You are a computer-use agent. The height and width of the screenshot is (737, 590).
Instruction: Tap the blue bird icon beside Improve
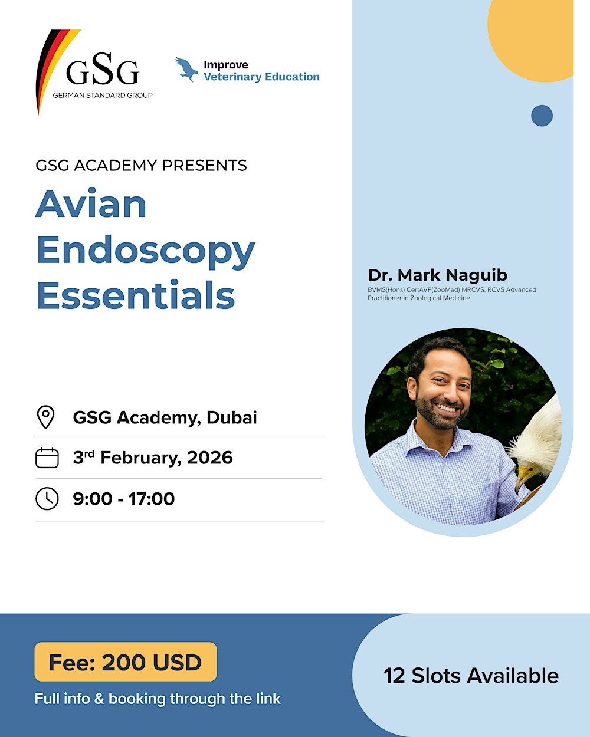186,69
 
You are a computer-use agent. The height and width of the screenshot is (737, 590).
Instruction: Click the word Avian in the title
91,205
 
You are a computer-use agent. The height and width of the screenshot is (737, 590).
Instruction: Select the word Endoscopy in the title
146,251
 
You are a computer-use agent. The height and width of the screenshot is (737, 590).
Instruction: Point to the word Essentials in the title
136,295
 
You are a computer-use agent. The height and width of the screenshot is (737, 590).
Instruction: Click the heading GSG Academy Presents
141,165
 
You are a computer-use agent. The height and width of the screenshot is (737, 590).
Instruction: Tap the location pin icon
46,417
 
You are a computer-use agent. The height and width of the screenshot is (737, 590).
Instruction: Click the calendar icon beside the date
47,458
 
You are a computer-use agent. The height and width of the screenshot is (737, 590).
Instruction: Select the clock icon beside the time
47,499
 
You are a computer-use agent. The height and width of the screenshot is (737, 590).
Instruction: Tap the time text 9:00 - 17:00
124,499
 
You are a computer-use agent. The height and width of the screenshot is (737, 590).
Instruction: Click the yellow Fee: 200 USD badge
126,662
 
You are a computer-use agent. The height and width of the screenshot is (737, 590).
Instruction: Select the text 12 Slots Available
471,676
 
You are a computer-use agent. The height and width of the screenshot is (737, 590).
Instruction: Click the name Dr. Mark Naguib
438,275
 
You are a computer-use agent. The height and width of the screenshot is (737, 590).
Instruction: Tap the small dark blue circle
542,116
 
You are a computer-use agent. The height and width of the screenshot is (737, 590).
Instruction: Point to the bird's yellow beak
524,475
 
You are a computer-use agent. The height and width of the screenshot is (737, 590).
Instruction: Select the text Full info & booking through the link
158,699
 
